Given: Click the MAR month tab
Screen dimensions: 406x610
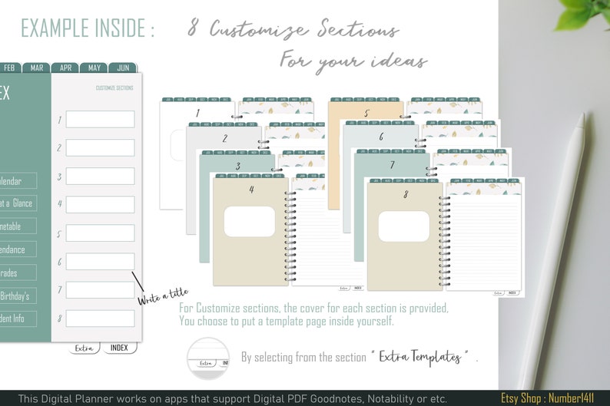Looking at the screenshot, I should [x=36, y=68].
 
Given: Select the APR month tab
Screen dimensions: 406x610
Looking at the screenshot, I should [x=65, y=68].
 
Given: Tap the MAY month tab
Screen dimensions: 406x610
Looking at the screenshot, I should [x=94, y=68].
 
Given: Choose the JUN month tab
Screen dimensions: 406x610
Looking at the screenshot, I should [x=122, y=68].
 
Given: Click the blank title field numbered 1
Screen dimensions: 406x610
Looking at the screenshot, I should [x=100, y=119].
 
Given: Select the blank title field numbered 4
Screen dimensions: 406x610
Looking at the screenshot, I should [x=100, y=204].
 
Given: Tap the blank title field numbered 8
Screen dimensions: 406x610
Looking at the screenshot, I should [x=100, y=318].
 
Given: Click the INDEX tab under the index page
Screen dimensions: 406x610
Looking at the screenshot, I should [x=119, y=348].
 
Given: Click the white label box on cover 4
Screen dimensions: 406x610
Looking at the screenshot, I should [x=249, y=222].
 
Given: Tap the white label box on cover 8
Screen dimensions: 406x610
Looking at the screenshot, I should [x=403, y=227].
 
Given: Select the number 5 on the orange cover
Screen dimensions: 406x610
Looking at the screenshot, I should [x=366, y=114].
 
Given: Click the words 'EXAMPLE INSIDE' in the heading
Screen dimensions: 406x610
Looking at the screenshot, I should [x=87, y=28].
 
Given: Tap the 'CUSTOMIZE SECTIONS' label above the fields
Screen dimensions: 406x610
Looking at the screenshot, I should [x=114, y=88].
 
